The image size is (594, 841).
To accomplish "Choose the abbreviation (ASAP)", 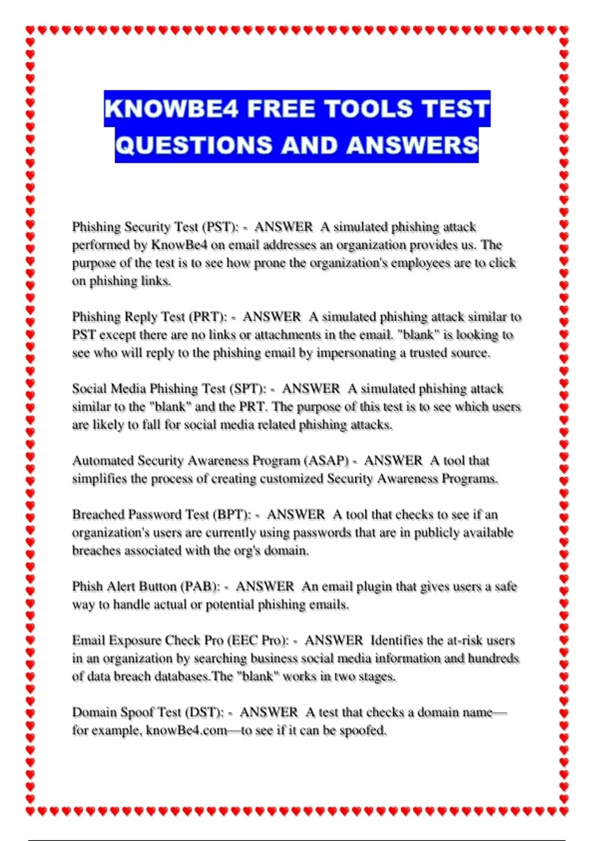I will pos(329,461).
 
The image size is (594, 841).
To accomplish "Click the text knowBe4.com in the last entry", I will pos(186,731).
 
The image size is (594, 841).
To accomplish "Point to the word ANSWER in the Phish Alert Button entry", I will pos(265,587).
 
